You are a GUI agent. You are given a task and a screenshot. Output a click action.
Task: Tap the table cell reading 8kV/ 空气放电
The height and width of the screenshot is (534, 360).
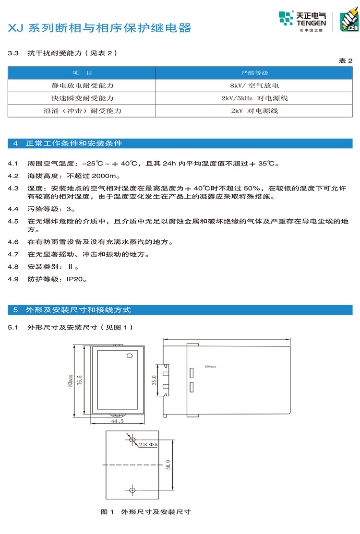(x=254, y=86)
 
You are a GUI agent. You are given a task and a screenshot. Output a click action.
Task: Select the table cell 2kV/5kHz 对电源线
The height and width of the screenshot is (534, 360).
(x=254, y=98)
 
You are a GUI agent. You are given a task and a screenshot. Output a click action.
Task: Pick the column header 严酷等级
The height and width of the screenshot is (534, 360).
(x=254, y=73)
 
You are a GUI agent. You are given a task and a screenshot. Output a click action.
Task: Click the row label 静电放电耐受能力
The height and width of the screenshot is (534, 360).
(x=82, y=86)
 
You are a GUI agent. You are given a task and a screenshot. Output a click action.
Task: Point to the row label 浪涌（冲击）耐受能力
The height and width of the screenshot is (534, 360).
(x=82, y=111)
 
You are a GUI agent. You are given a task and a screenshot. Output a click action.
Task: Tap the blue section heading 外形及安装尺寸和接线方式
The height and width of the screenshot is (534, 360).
(x=79, y=310)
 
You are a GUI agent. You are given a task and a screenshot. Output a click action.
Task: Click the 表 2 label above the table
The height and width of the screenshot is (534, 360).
(x=346, y=60)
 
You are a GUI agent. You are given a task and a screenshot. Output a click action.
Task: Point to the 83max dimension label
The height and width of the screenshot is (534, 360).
(x=70, y=380)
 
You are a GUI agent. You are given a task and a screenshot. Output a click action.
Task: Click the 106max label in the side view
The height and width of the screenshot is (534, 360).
(x=210, y=366)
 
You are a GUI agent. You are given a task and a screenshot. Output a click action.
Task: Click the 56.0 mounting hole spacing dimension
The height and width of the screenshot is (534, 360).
(x=168, y=465)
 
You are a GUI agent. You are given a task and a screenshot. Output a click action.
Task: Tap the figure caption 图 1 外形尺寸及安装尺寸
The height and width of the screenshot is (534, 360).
(x=146, y=512)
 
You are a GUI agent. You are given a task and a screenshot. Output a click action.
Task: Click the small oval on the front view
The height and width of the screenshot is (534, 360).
(x=129, y=356)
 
